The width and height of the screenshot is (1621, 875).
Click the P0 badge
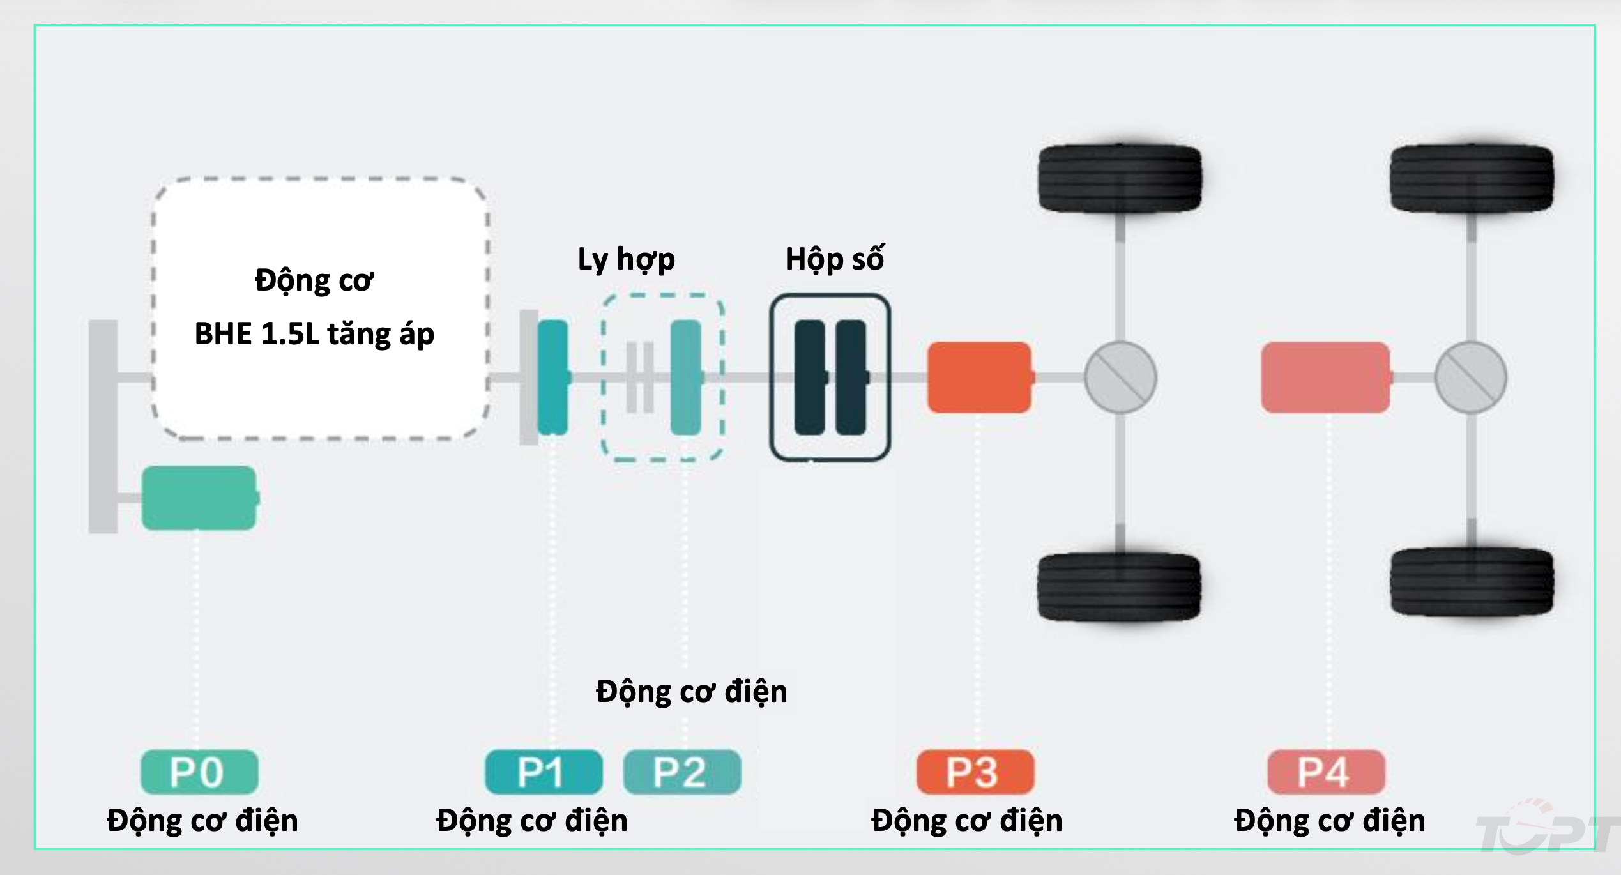[x=199, y=772]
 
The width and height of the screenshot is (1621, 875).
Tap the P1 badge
[x=544, y=772]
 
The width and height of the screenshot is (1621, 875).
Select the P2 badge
[x=681, y=772]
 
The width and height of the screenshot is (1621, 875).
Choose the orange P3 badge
[x=975, y=772]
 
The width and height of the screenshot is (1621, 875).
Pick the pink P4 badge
[x=1326, y=772]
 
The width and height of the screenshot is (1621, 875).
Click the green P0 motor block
[x=199, y=498]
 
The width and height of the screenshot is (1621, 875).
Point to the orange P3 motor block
[x=979, y=377]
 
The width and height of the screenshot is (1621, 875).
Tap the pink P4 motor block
[x=1325, y=377]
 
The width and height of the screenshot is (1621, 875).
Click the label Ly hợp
[x=626, y=259]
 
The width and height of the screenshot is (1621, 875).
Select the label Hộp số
[x=834, y=259]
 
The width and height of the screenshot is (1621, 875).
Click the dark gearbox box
[x=830, y=377]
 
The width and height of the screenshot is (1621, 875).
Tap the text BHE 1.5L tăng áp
[x=314, y=334]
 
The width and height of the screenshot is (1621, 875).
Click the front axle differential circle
[x=1120, y=377]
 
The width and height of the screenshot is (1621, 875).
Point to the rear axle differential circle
[x=1470, y=377]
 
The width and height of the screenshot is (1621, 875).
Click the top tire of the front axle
[x=1120, y=178]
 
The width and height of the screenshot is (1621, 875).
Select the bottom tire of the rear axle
[x=1472, y=581]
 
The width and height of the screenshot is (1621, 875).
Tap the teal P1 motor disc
[x=552, y=377]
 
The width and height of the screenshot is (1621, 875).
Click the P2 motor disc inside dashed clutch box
[x=686, y=377]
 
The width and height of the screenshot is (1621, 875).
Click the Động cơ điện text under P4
[x=1329, y=821]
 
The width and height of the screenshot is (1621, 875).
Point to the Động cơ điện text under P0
[x=202, y=821]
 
